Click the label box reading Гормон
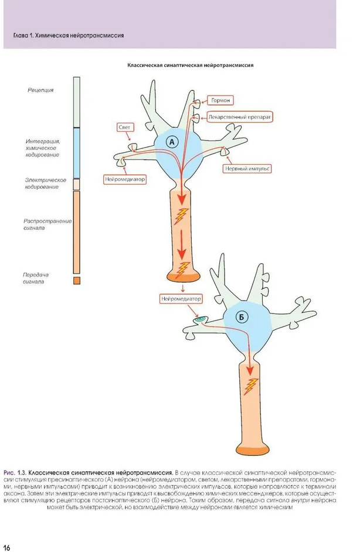(x=221, y=100)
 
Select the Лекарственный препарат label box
(x=241, y=117)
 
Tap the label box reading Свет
(x=124, y=127)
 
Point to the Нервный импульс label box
(x=247, y=169)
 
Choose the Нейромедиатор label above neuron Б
(x=181, y=299)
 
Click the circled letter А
(x=172, y=142)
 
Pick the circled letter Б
(x=243, y=318)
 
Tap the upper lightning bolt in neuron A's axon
(x=183, y=216)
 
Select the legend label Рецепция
(x=40, y=90)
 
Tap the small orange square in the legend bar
(x=77, y=281)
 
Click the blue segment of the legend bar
(x=76, y=153)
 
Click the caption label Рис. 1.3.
(x=15, y=472)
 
